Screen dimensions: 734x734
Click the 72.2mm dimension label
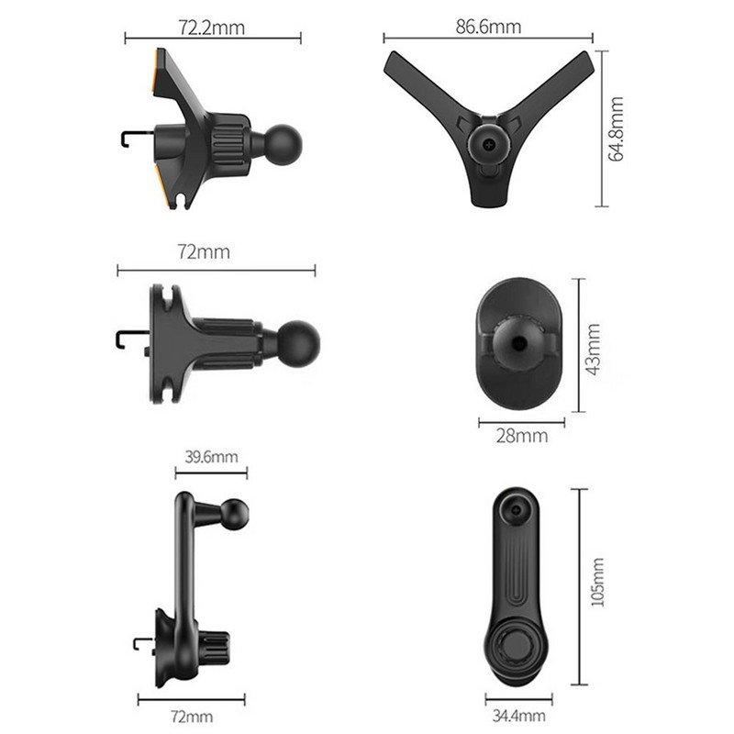(212, 28)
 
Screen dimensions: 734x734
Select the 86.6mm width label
(488, 27)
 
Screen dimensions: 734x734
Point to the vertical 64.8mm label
(616, 128)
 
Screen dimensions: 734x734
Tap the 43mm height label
(593, 350)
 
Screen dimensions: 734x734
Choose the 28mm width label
(522, 437)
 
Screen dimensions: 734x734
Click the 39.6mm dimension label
(211, 456)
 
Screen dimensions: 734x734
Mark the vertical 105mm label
(597, 582)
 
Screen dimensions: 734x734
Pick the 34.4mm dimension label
(518, 716)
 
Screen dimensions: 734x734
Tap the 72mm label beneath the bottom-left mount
(192, 717)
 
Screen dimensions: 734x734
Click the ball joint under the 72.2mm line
(283, 144)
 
